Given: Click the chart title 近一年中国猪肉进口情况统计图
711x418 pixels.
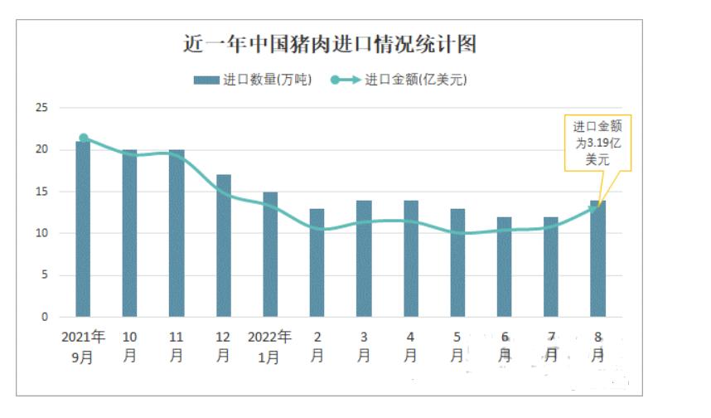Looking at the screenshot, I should [329, 44].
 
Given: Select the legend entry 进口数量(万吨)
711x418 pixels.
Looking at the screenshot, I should [253, 80].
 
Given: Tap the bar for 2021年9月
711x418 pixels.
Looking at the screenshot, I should [83, 229].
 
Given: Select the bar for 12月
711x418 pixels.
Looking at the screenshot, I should [224, 245].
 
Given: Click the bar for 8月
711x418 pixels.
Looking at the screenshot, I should [597, 259].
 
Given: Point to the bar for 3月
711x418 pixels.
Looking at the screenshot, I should [364, 259].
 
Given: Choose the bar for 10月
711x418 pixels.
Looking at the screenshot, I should [130, 233].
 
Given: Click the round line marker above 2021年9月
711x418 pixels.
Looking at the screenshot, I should [84, 138].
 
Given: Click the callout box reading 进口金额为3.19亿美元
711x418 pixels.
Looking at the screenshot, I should [597, 143].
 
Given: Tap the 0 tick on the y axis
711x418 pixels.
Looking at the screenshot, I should [45, 317].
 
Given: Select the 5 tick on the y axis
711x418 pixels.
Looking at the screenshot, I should [45, 275].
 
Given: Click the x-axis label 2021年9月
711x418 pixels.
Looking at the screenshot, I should [83, 347].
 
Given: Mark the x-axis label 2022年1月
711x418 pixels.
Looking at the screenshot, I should [270, 347].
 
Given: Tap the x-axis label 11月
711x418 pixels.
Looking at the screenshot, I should [177, 347].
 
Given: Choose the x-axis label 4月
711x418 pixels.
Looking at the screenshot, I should [410, 347].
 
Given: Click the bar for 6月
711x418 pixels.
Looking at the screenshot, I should [504, 267].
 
